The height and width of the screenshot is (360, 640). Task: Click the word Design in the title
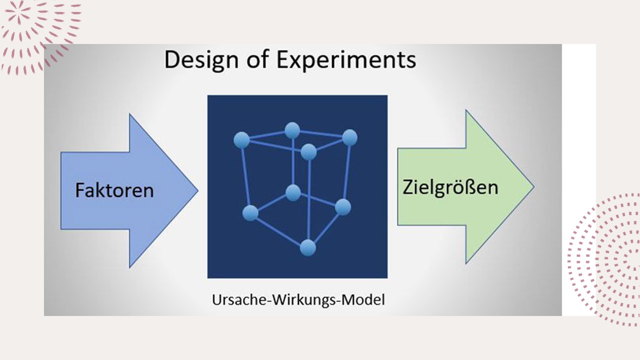(x=201, y=60)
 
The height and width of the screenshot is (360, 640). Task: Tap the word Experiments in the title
(x=346, y=60)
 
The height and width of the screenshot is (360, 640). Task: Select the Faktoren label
(x=114, y=190)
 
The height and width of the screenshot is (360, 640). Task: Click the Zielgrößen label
(x=450, y=187)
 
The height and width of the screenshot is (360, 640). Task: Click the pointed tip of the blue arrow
(x=197, y=190)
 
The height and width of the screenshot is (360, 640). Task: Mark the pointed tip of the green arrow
(x=534, y=187)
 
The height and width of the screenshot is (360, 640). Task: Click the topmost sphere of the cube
(x=292, y=130)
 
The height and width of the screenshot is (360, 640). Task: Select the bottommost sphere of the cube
(x=307, y=247)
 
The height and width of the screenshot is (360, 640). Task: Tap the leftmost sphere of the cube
(x=241, y=140)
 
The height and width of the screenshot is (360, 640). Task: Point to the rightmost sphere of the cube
(x=349, y=137)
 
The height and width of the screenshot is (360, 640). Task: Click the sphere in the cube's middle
(x=293, y=192)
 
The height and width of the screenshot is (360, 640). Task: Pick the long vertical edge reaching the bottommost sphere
(x=308, y=199)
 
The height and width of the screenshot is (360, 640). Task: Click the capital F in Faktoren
(x=80, y=190)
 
